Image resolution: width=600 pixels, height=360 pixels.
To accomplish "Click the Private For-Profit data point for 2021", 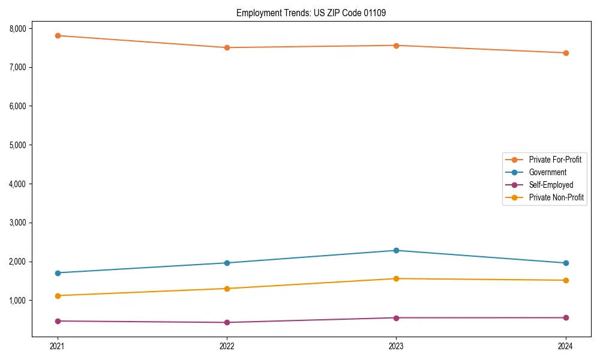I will (x=58, y=36).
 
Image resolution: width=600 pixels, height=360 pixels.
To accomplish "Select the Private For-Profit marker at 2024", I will (x=566, y=53).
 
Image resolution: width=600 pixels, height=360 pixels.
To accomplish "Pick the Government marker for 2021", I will (x=58, y=273).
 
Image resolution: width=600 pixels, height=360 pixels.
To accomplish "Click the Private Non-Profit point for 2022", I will (x=227, y=289).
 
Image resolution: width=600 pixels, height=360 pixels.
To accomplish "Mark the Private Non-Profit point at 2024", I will (x=566, y=280).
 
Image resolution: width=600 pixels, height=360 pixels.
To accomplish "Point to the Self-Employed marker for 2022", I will (x=227, y=322).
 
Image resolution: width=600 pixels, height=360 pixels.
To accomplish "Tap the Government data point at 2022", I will (x=227, y=263).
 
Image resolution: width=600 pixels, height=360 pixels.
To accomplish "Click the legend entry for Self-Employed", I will (x=551, y=185).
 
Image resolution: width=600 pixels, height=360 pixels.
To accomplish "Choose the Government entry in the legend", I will (x=547, y=172).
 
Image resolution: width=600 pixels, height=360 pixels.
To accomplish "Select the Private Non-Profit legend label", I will (x=556, y=197).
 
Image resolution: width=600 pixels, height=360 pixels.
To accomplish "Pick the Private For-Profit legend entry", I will (x=555, y=160).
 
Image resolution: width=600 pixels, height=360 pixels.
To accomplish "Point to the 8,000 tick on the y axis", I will (x=18, y=28).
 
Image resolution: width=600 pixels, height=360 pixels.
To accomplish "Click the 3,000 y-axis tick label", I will (x=18, y=223).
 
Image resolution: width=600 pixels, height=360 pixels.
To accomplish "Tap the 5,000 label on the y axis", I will (x=18, y=145).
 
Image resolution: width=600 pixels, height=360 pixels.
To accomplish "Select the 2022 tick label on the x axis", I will (x=227, y=346).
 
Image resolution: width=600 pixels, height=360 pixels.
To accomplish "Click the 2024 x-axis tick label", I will (x=566, y=346).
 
